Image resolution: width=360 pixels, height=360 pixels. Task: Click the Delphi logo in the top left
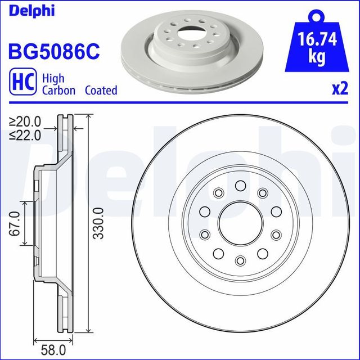(x=31, y=11)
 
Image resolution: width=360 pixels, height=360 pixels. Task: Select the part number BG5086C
(x=54, y=51)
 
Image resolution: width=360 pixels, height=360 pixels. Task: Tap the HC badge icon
(x=22, y=82)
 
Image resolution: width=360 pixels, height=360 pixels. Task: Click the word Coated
(x=101, y=90)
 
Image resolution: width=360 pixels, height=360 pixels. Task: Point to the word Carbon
(x=58, y=90)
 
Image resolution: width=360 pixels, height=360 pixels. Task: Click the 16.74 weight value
(x=317, y=39)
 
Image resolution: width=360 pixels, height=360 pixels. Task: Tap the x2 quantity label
(x=340, y=89)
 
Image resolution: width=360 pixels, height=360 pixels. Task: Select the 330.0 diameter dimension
(x=99, y=223)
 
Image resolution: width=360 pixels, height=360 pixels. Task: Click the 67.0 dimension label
(x=15, y=224)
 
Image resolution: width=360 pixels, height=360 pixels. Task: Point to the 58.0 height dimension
(x=53, y=350)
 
